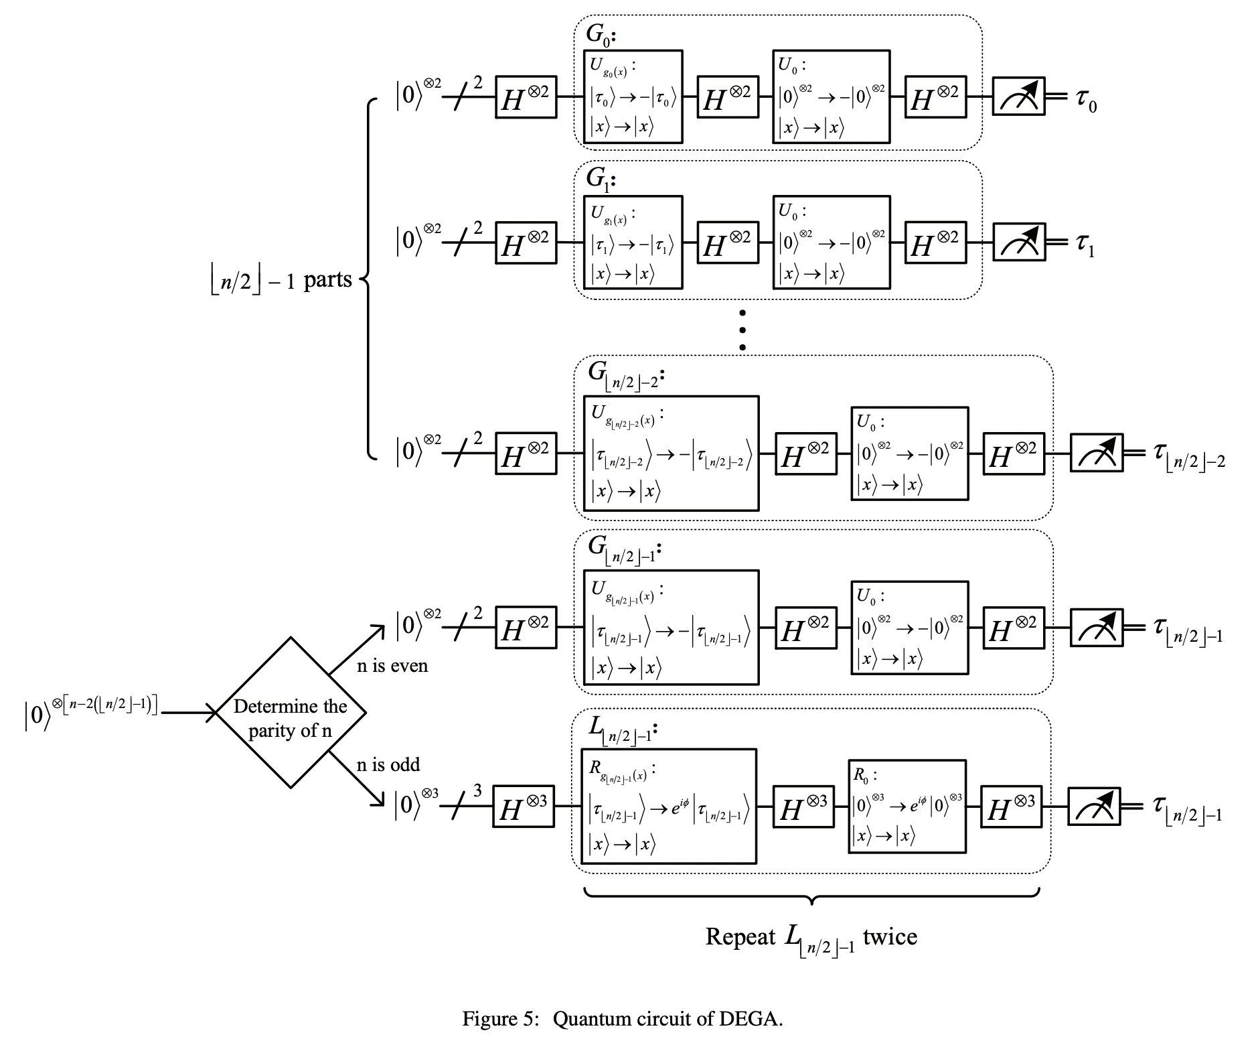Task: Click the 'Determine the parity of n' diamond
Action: pyautogui.click(x=290, y=713)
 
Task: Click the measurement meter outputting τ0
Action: pyautogui.click(x=1018, y=96)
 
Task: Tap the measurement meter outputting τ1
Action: pyautogui.click(x=1018, y=242)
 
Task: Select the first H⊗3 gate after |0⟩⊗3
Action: pyautogui.click(x=524, y=807)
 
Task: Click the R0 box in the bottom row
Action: pyautogui.click(x=907, y=807)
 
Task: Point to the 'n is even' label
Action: pyautogui.click(x=392, y=665)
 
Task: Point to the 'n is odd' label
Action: pyautogui.click(x=388, y=764)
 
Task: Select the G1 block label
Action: pyautogui.click(x=601, y=179)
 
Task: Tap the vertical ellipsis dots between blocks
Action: pyautogui.click(x=742, y=330)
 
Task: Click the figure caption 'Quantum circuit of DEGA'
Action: pyautogui.click(x=623, y=1019)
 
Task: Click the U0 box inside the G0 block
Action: pyautogui.click(x=831, y=96)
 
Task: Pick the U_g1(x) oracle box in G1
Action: pyautogui.click(x=633, y=242)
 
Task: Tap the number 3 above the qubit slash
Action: pyautogui.click(x=477, y=791)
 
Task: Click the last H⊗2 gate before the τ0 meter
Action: pyautogui.click(x=935, y=97)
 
